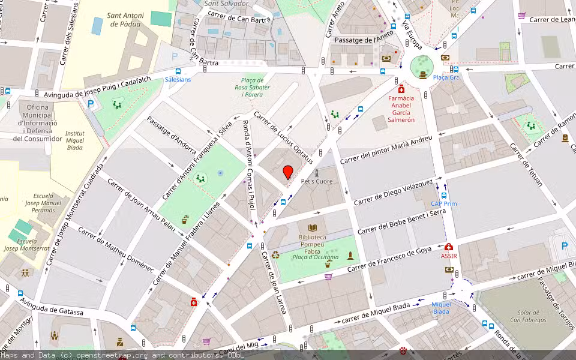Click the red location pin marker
coord(288,173)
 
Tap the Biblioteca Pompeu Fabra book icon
coord(312,228)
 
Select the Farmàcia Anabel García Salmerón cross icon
coord(401,89)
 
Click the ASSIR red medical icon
coord(449,247)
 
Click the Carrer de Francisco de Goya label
coord(389,259)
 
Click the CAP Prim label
coord(444,204)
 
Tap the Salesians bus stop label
coord(178,79)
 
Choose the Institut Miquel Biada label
coord(74,140)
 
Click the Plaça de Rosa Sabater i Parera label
coord(252,88)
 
